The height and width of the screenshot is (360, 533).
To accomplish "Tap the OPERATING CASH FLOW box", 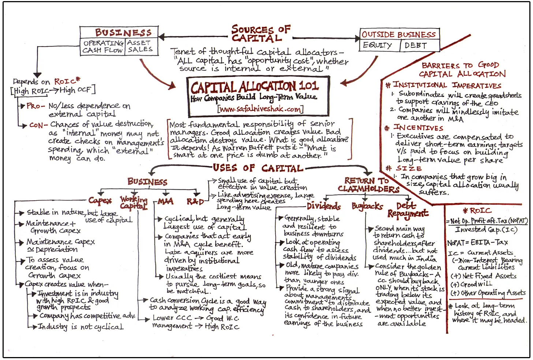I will (103, 47).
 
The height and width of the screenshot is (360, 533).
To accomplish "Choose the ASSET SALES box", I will (140, 46).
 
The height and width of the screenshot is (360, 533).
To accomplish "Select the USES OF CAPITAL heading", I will (258, 168).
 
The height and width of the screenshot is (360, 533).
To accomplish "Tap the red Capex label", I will (100, 200).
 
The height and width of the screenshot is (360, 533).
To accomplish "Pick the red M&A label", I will (165, 201).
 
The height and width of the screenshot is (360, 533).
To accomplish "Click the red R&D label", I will (195, 202).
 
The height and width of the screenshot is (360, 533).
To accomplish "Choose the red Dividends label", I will (324, 206).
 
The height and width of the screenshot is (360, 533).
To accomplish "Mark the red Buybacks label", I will (367, 206).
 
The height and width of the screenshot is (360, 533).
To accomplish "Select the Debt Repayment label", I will (407, 209).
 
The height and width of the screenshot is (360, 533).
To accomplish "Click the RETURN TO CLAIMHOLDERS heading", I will (368, 185).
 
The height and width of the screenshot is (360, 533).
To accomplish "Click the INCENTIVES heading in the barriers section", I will (418, 128).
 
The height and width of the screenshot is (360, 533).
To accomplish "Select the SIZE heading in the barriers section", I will (409, 168).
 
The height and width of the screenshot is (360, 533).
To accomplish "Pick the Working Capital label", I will (134, 203).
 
